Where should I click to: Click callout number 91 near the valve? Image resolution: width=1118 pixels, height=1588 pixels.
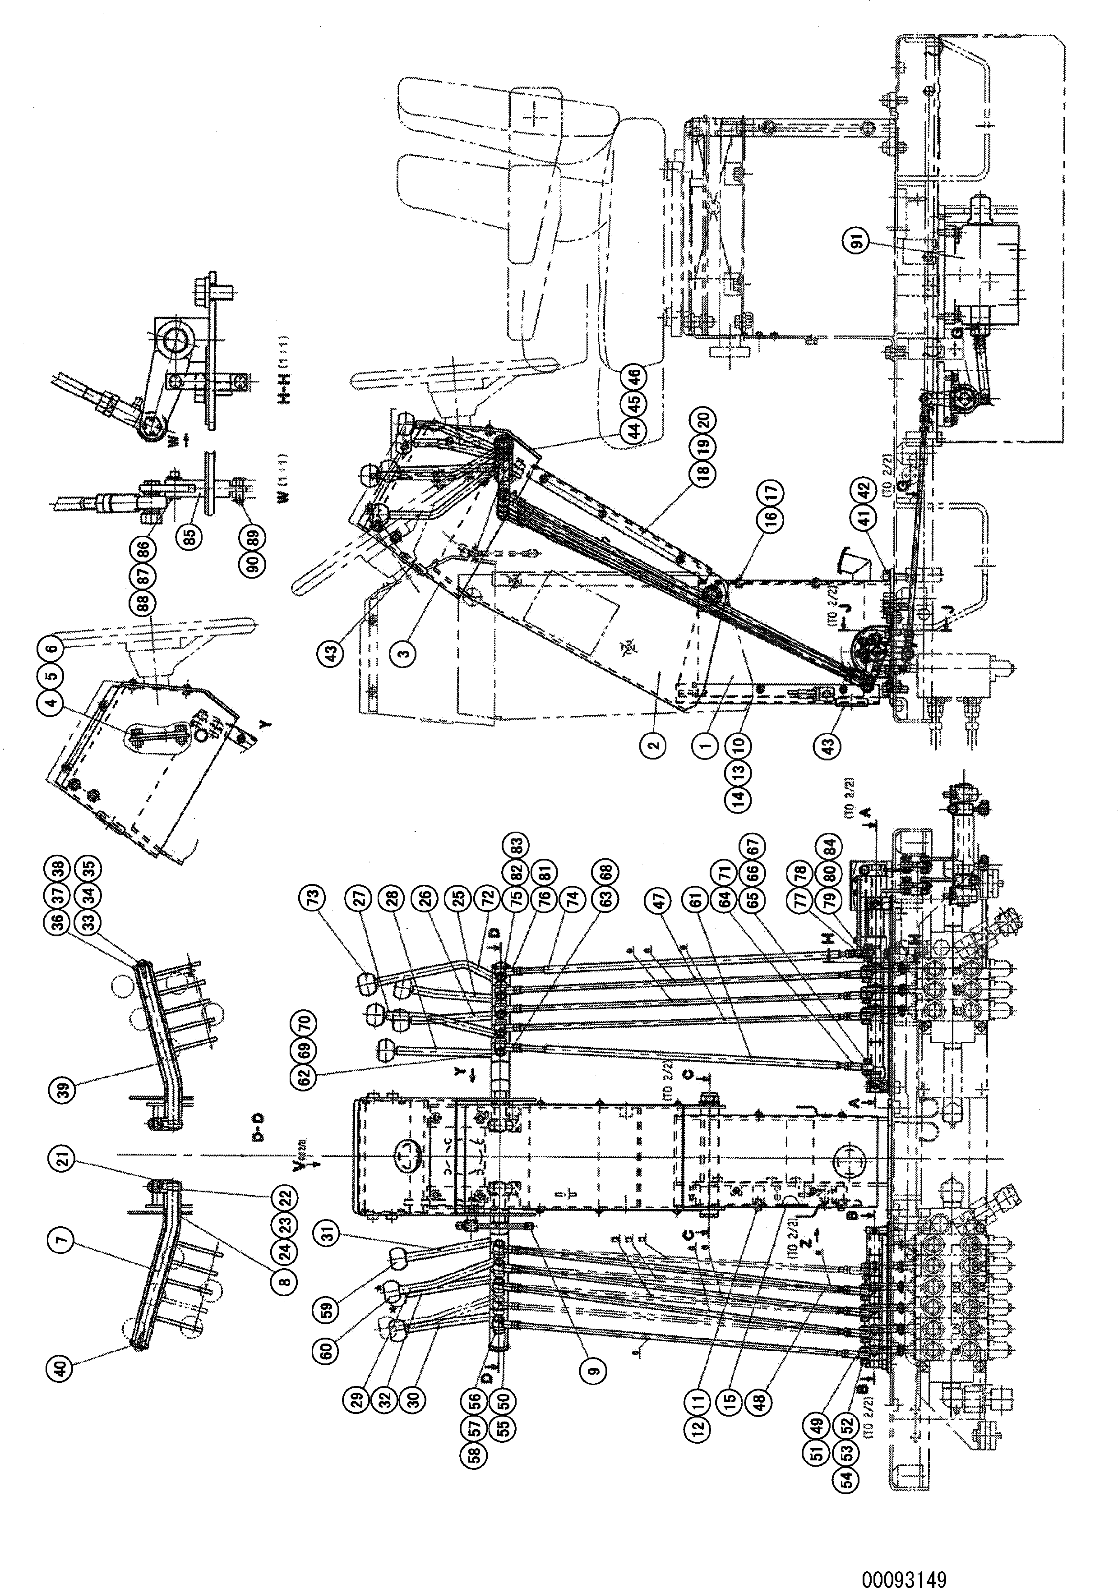(857, 243)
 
